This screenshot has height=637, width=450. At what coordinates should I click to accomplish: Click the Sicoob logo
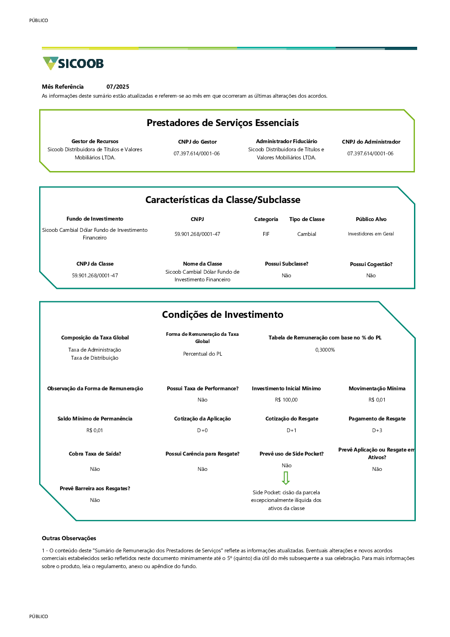click(x=73, y=63)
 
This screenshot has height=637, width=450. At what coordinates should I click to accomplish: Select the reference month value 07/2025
click(x=118, y=87)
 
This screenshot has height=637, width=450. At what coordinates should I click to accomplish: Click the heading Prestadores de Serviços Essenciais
click(x=223, y=123)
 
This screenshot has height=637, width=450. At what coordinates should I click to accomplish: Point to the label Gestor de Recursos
click(x=95, y=141)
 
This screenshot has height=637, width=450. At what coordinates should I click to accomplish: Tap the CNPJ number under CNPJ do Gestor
click(x=197, y=154)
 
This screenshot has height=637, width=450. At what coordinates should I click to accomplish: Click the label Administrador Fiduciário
click(x=287, y=141)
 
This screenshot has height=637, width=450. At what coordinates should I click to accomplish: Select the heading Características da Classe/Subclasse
click(x=223, y=200)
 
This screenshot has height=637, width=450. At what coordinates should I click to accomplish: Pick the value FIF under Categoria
click(x=266, y=234)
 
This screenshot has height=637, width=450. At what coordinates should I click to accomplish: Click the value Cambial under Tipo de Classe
click(x=307, y=234)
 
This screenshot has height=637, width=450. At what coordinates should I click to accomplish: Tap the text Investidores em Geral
click(x=371, y=234)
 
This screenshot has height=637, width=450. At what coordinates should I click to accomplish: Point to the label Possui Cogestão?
click(x=371, y=264)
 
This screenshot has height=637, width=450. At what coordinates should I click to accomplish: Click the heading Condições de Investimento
click(x=223, y=315)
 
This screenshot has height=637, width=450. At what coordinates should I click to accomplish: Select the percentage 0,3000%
click(x=325, y=350)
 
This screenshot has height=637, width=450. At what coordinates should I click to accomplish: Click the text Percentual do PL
click(x=202, y=354)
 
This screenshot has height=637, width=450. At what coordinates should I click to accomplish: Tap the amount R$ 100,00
click(x=286, y=400)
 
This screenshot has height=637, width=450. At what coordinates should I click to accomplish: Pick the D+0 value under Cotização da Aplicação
click(x=202, y=430)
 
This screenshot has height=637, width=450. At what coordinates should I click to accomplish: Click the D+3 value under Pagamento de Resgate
click(x=377, y=430)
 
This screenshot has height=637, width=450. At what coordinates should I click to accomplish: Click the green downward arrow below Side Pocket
click(x=286, y=478)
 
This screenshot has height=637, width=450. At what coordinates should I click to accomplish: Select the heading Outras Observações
click(x=69, y=538)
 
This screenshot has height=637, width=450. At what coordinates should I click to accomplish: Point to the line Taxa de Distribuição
click(x=94, y=358)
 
